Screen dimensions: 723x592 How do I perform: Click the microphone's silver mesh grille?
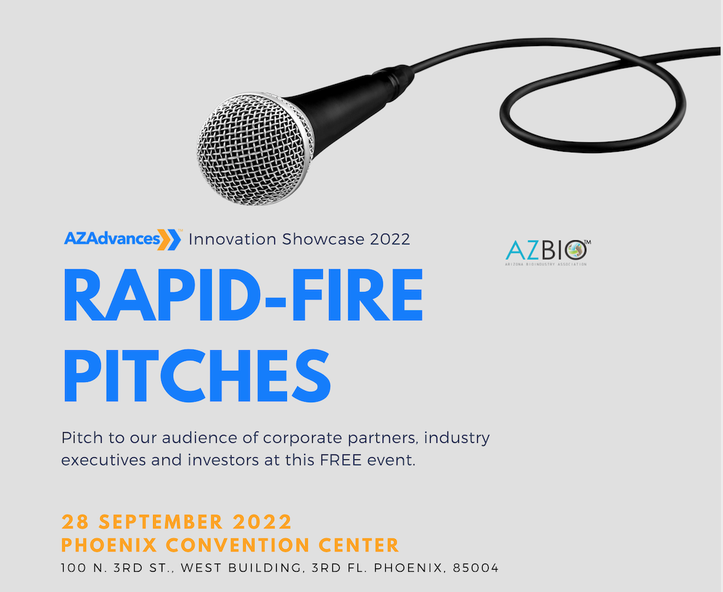[x=256, y=148]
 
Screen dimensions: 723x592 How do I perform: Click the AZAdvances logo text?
[x=112, y=238]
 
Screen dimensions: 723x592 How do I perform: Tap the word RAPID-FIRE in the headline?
[x=243, y=295]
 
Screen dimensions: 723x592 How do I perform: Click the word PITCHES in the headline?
[x=197, y=375]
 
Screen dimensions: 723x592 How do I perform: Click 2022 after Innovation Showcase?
[x=390, y=240]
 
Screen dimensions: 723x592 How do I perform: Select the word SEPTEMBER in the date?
[x=161, y=522]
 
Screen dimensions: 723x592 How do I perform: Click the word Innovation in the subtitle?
[x=232, y=239]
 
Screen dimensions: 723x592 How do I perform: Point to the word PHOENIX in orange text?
[x=109, y=545]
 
